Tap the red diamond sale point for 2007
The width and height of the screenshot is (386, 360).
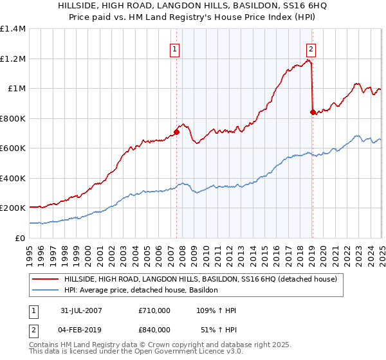[x=176, y=132]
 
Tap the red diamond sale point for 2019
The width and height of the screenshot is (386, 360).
[x=313, y=113]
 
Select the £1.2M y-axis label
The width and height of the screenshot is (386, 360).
[x=12, y=59]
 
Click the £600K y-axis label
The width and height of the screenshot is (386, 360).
[x=12, y=148]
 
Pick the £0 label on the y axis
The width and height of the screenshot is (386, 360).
[x=20, y=238]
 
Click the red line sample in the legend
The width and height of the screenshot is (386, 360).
[x=46, y=280]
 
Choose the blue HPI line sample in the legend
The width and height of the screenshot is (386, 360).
[x=46, y=291]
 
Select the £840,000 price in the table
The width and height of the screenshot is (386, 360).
[x=154, y=329]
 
